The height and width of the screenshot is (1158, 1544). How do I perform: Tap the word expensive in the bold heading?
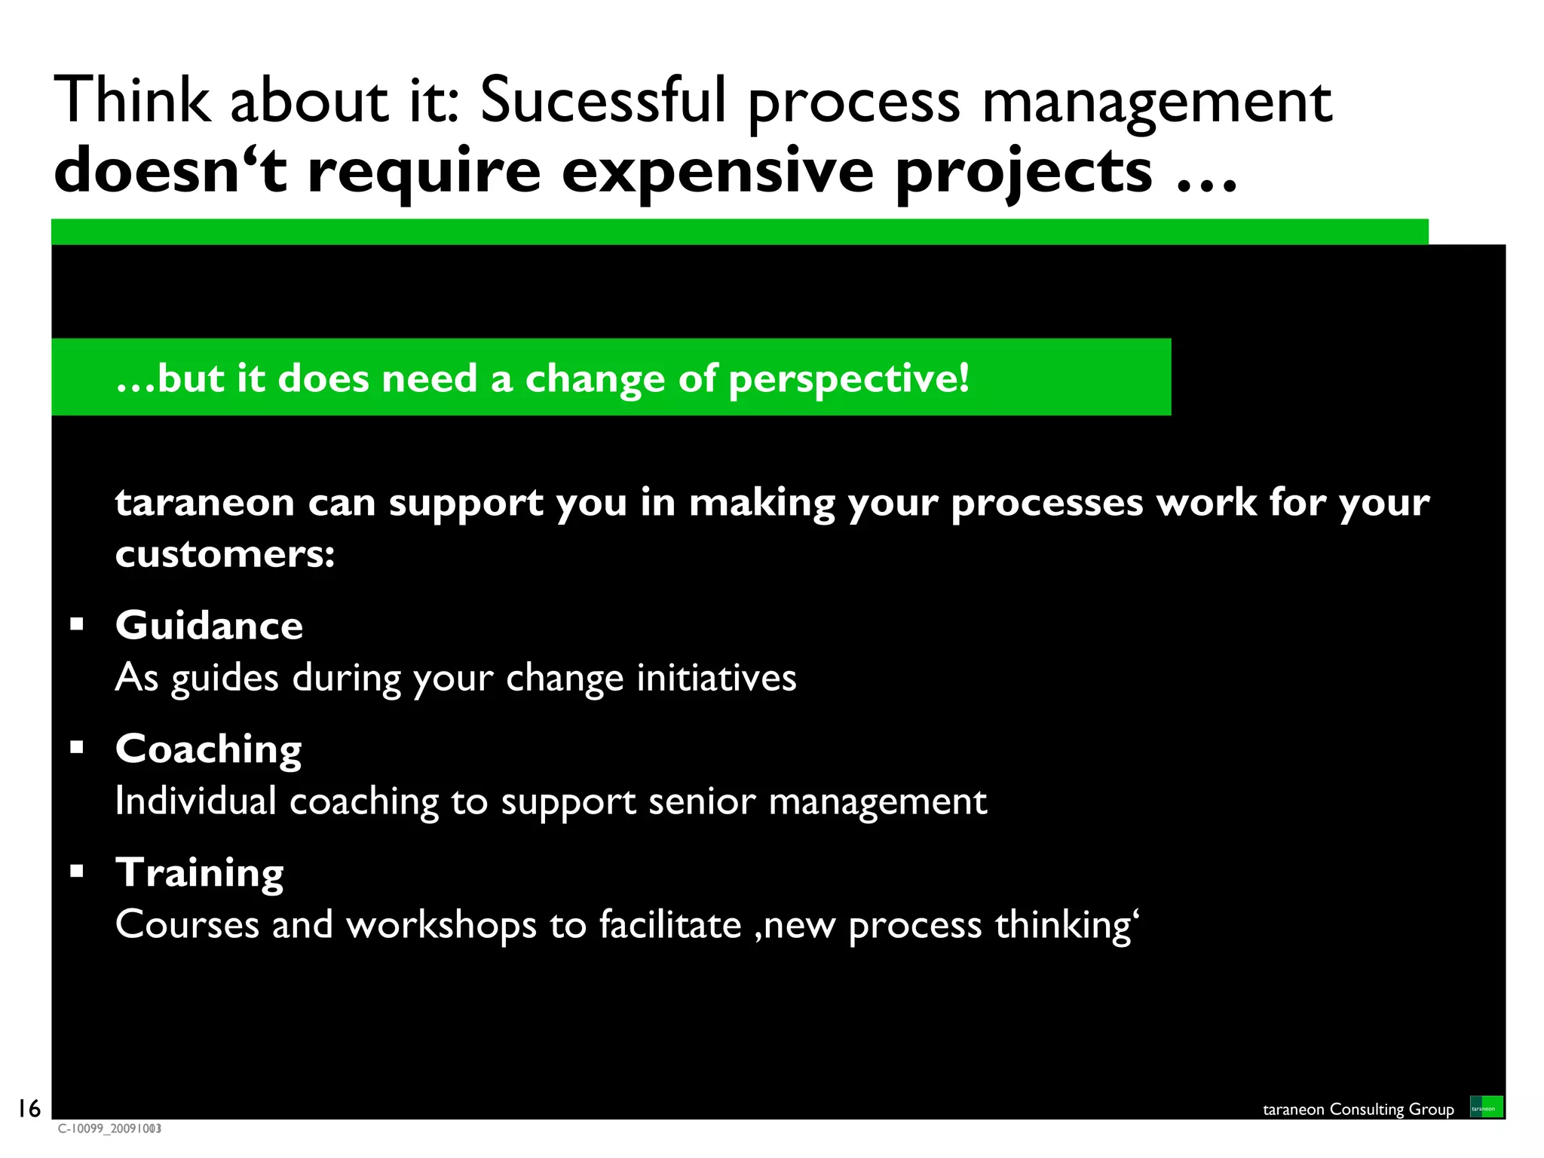click(718, 172)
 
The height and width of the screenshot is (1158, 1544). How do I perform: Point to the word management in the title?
click(1156, 103)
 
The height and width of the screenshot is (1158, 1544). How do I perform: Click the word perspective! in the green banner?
click(849, 378)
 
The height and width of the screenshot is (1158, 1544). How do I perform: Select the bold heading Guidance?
click(209, 625)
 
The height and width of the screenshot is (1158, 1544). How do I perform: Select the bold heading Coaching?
click(208, 749)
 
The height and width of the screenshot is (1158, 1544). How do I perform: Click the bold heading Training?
click(199, 873)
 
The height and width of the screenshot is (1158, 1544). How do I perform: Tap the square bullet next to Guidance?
click(76, 623)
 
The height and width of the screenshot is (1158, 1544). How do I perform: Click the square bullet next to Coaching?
click(76, 747)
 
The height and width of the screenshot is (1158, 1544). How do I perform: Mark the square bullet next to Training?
click(76, 871)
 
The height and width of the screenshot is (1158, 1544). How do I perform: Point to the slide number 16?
click(29, 1108)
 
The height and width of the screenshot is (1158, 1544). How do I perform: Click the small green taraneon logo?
click(1486, 1107)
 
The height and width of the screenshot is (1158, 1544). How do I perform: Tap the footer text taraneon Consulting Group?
click(1358, 1109)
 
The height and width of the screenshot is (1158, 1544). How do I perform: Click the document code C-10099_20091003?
click(109, 1129)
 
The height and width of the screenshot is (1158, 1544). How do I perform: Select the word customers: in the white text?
click(225, 555)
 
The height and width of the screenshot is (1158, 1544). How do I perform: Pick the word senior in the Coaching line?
click(701, 801)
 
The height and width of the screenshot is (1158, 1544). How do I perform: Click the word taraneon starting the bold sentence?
click(204, 503)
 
